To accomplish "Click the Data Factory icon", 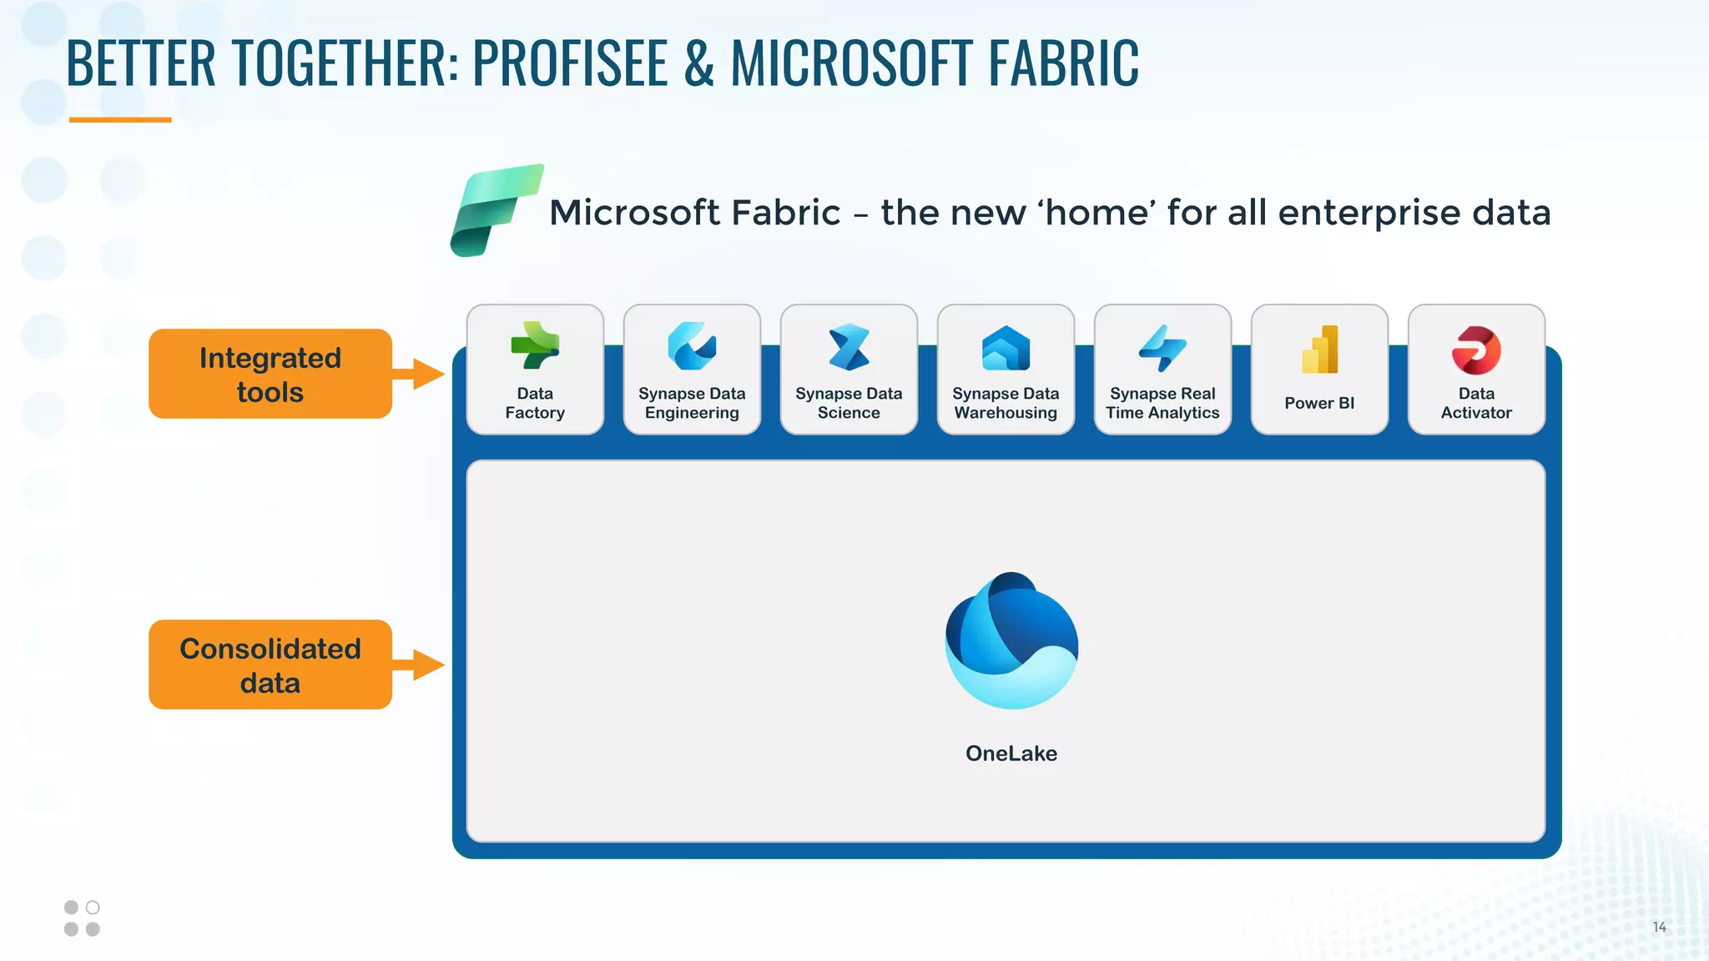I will (535, 345).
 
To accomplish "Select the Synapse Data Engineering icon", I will (692, 346).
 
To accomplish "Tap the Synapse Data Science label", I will (849, 403).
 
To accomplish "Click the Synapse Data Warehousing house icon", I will (1006, 348).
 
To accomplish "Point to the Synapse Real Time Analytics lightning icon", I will (1162, 348).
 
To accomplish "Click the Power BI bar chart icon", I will (1319, 350).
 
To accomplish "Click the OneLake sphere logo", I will (1011, 641).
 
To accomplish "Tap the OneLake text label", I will (1011, 753).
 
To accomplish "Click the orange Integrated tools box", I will (270, 374).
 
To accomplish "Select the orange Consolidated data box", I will (270, 665).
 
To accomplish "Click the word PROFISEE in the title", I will (570, 63).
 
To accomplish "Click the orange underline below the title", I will (120, 120).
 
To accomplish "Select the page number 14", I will (1659, 928).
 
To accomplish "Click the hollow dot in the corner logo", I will (93, 908).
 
